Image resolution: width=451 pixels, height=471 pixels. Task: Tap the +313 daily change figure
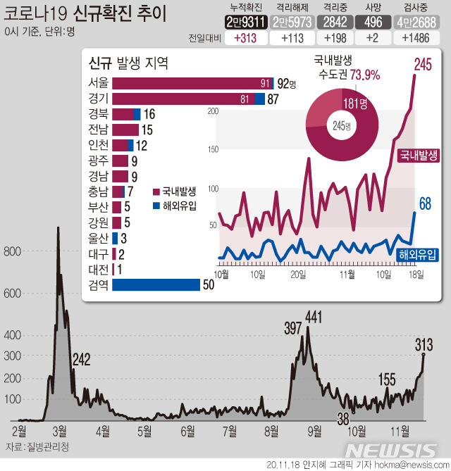[246, 38]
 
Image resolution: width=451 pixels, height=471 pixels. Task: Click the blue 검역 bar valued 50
[156, 284]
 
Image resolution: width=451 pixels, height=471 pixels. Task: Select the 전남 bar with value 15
[125, 130]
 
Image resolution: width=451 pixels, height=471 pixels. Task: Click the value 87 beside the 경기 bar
[273, 99]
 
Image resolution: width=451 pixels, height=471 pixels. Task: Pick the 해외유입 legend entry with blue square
[175, 206]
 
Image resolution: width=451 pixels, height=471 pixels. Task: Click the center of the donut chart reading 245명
[342, 126]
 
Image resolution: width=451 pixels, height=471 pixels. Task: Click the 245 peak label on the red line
[423, 65]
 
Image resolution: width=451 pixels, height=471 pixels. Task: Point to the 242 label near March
[81, 360]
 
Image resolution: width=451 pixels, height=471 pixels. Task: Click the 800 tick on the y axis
[13, 251]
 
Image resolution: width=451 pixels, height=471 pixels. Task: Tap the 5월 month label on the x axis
[144, 429]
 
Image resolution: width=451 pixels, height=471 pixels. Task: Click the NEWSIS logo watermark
[392, 451]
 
